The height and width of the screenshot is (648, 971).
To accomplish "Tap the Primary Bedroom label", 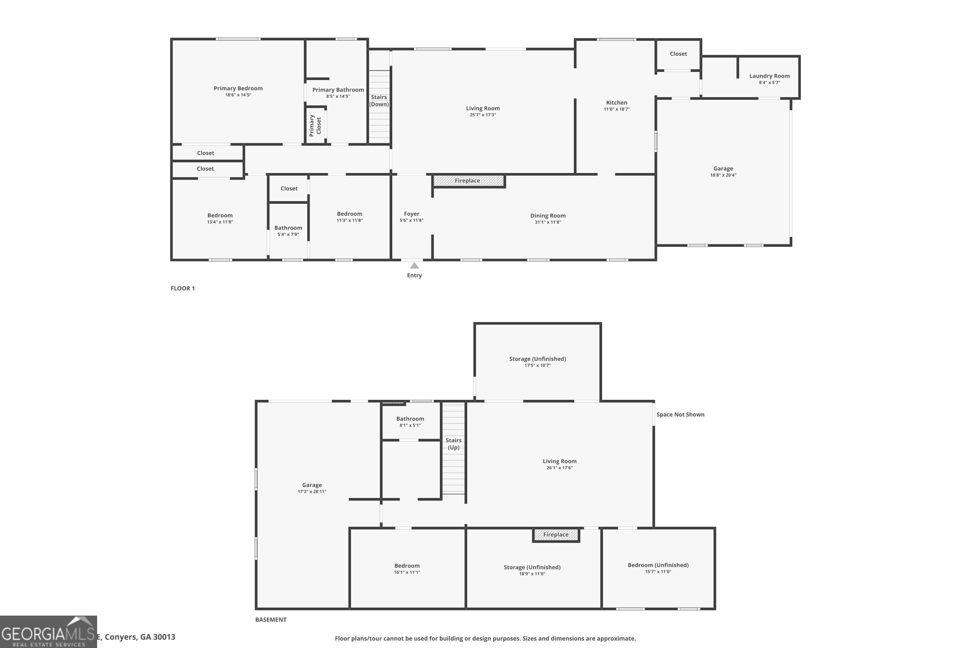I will click(x=238, y=88).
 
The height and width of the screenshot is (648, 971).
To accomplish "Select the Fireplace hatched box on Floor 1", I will click(x=468, y=180).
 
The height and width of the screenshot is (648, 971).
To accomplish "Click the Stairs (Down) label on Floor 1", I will click(x=379, y=100).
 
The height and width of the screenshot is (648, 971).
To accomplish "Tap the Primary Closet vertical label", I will click(x=315, y=126).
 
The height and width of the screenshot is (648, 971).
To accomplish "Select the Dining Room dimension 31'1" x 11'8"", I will click(x=548, y=222).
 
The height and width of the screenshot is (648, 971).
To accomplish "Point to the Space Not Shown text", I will click(x=680, y=414).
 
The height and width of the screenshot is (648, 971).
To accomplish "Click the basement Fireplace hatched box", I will click(x=556, y=535).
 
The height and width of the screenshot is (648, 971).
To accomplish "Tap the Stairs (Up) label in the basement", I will click(x=453, y=444).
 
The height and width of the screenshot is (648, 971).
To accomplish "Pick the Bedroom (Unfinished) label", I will click(x=658, y=565).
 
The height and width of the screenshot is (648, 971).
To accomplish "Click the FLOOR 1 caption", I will click(x=183, y=288).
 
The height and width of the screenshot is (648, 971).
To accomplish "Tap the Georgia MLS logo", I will click(x=48, y=632).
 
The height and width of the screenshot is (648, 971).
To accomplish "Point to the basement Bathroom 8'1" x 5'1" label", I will click(x=410, y=422).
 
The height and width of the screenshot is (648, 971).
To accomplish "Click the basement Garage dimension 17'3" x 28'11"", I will click(x=312, y=492).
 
